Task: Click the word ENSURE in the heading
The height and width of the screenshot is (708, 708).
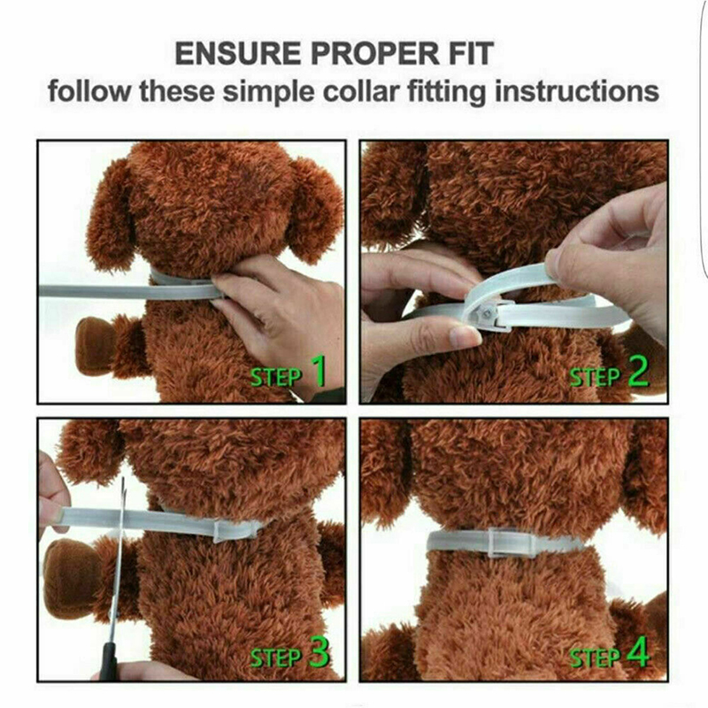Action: [238, 53]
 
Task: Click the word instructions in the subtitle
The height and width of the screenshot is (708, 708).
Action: [577, 92]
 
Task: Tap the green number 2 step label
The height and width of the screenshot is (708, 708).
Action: [638, 371]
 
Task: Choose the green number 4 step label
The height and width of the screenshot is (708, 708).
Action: [638, 652]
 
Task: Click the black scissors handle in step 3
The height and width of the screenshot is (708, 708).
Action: [107, 660]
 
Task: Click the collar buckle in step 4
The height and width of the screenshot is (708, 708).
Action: [502, 543]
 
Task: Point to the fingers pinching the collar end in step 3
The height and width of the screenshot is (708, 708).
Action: [53, 496]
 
